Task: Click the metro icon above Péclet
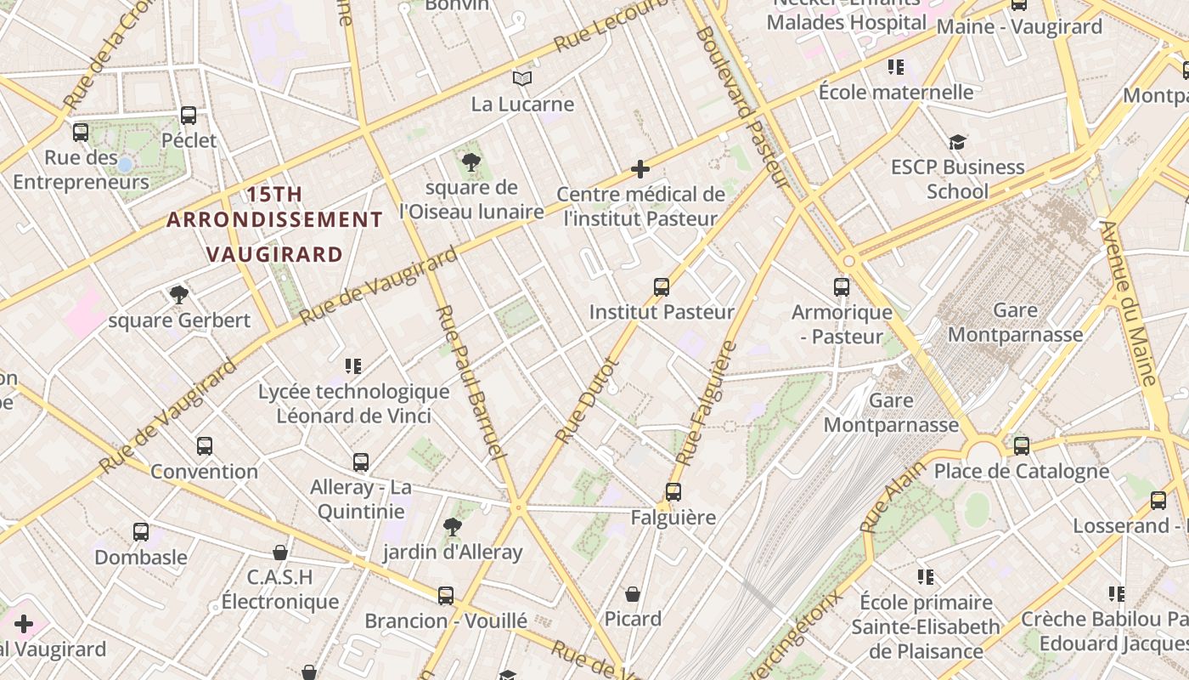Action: (189, 115)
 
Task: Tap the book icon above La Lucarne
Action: (522, 79)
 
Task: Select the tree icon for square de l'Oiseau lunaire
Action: (471, 161)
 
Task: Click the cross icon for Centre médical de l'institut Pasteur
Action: (640, 169)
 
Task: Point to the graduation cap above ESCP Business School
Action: (957, 142)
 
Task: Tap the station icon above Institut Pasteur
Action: (662, 286)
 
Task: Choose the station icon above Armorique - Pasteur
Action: (842, 286)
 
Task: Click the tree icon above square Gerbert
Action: (178, 295)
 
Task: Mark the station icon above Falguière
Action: (673, 491)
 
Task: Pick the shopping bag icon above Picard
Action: (633, 593)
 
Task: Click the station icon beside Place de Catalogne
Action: (1021, 445)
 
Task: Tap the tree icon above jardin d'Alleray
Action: (453, 527)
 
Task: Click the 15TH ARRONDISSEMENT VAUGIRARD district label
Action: (274, 224)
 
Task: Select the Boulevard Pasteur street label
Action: (741, 106)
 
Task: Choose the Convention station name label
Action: (204, 471)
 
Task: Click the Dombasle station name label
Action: (141, 558)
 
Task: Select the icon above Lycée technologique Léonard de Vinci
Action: (353, 366)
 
